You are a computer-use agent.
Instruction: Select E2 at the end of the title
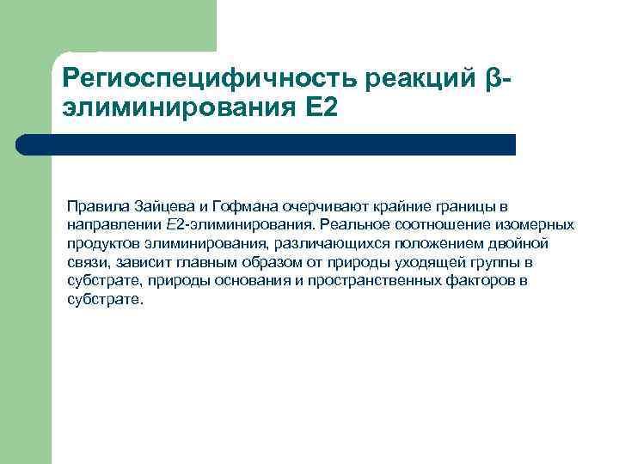coord(321,109)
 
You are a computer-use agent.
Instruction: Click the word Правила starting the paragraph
coord(98,207)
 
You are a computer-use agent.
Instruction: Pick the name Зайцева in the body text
coord(162,207)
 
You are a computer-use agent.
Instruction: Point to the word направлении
coord(113,226)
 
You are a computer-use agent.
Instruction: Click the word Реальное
coord(346,226)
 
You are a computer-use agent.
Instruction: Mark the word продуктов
coord(101,244)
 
